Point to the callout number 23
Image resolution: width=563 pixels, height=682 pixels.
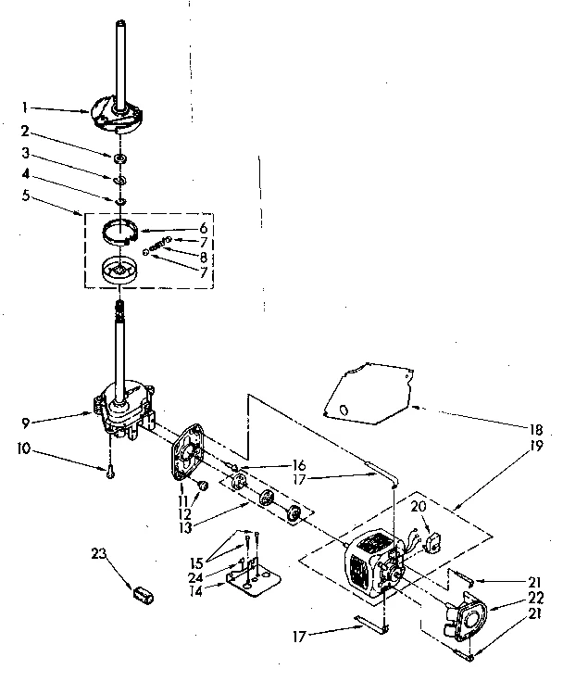point(99,555)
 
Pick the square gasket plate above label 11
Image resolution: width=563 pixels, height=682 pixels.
point(191,450)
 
